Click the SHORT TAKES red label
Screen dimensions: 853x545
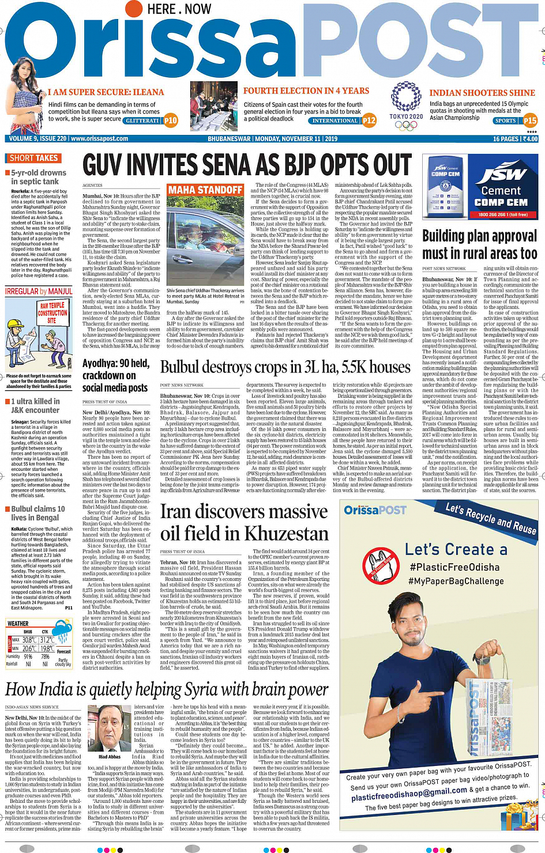[33, 158]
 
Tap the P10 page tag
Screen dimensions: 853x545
[171, 120]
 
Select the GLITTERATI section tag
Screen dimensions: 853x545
[142, 121]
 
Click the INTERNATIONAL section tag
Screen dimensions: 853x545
[334, 121]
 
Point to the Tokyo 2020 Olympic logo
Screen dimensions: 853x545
[406, 107]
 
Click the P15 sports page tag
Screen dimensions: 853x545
[529, 120]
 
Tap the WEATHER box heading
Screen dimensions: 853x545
[18, 624]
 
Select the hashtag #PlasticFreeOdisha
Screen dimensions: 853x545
[454, 567]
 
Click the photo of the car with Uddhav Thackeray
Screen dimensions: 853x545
[205, 242]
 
